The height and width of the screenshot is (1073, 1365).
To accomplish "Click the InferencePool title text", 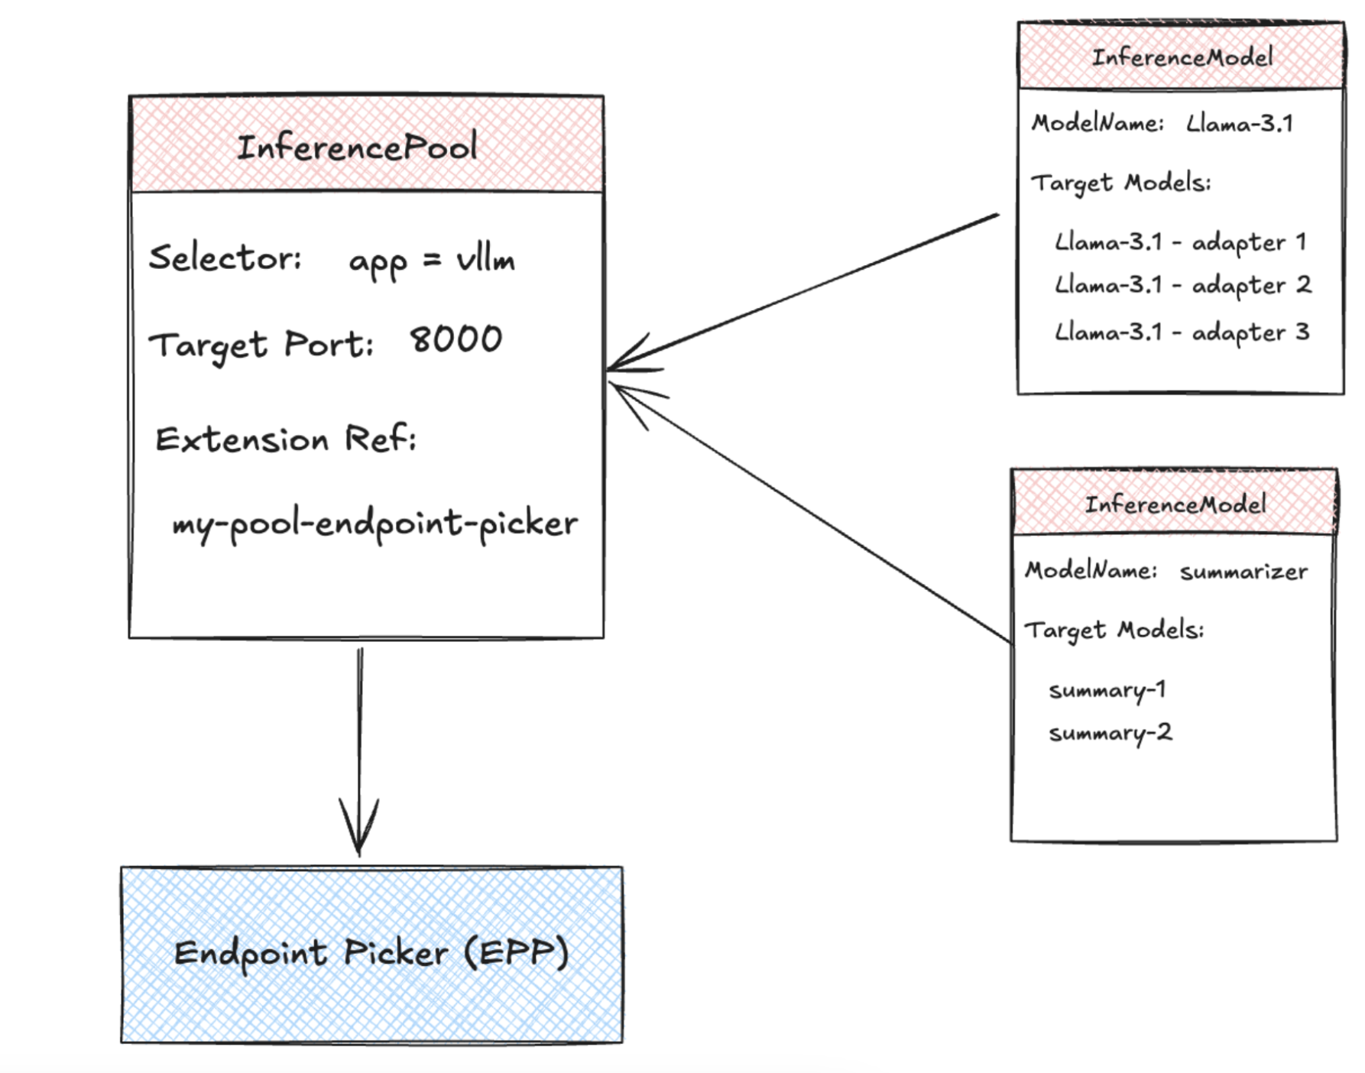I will pyautogui.click(x=357, y=147).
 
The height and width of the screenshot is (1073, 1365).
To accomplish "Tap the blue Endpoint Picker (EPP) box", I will pyautogui.click(x=371, y=954).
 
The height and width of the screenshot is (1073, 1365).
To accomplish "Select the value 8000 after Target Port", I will pyautogui.click(x=456, y=339).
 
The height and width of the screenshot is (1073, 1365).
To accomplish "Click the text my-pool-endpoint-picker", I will pyautogui.click(x=374, y=524).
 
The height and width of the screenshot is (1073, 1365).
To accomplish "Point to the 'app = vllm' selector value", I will pyautogui.click(x=432, y=261).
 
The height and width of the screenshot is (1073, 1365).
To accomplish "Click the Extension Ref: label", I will pyautogui.click(x=286, y=439).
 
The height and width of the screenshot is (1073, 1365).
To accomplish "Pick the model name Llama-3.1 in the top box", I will pyautogui.click(x=1239, y=124).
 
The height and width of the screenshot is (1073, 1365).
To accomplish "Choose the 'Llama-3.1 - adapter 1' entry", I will pyautogui.click(x=1180, y=242).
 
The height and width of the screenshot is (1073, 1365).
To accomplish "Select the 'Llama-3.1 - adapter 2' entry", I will pyautogui.click(x=1182, y=285).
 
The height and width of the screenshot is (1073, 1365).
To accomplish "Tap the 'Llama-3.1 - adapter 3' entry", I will pyautogui.click(x=1182, y=332).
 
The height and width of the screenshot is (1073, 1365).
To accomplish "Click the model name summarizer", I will pyautogui.click(x=1243, y=572).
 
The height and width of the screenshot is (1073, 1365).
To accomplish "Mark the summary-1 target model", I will pyautogui.click(x=1107, y=690).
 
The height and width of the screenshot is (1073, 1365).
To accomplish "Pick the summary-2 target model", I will pyautogui.click(x=1110, y=733).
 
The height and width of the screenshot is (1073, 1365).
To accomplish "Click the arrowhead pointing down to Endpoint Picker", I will pyautogui.click(x=359, y=829).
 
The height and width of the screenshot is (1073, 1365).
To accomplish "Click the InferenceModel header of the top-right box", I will pyautogui.click(x=1182, y=57).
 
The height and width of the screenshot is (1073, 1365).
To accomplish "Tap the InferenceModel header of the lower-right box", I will pyautogui.click(x=1175, y=504).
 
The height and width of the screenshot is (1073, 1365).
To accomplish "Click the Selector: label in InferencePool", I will pyautogui.click(x=225, y=258).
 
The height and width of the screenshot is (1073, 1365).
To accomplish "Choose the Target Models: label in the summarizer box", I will pyautogui.click(x=1114, y=631).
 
